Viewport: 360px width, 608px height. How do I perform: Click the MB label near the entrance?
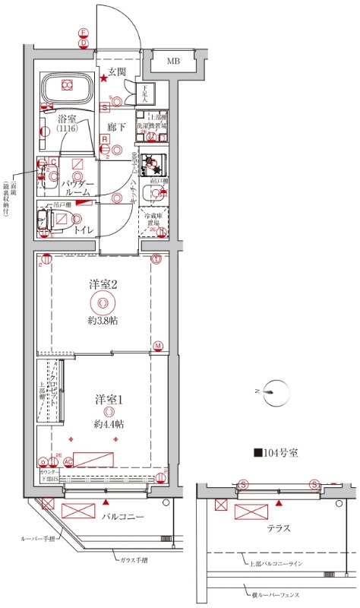click(x=174, y=61)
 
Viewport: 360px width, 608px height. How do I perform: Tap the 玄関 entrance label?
click(x=116, y=71)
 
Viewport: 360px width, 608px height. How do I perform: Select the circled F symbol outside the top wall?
click(x=84, y=33)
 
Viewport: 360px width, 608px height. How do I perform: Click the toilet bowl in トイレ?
click(x=58, y=220)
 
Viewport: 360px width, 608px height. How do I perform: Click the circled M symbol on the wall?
click(x=158, y=347)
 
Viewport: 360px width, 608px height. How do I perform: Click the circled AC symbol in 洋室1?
click(x=68, y=461)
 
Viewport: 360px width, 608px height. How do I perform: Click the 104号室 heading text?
click(x=276, y=454)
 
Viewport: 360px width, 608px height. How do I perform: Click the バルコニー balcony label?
click(x=123, y=517)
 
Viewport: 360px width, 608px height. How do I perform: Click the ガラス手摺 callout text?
click(x=134, y=559)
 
